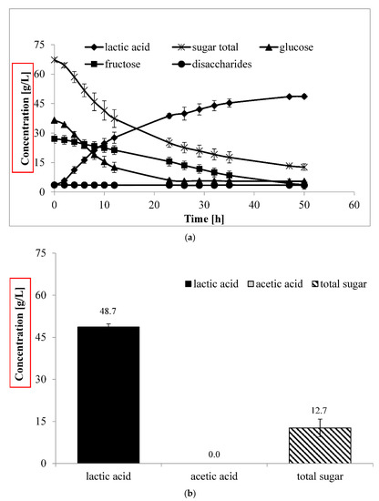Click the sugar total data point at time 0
(x=55, y=60)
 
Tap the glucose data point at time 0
(x=55, y=120)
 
